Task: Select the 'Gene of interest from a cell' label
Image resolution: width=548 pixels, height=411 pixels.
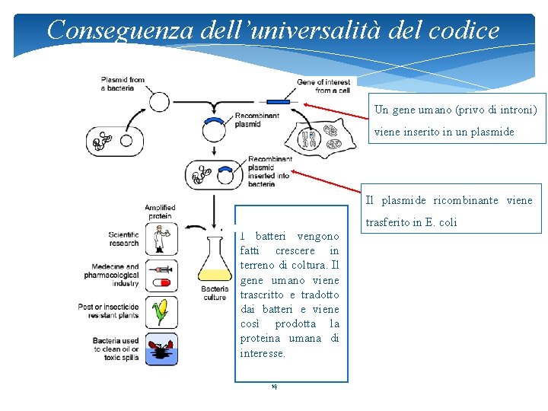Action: (x=323, y=86)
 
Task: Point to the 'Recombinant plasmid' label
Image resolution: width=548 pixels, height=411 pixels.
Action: (x=256, y=120)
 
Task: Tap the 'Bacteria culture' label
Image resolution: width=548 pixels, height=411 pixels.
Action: (x=215, y=293)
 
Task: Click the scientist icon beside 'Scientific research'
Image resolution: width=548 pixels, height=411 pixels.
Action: (x=161, y=239)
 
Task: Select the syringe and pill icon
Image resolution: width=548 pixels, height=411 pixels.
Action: (x=161, y=276)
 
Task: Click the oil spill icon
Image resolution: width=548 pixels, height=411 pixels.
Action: (x=161, y=349)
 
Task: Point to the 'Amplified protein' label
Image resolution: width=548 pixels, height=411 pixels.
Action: (x=160, y=212)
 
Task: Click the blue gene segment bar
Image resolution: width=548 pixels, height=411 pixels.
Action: (x=278, y=102)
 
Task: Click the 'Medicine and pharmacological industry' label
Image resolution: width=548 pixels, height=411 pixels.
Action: (x=115, y=276)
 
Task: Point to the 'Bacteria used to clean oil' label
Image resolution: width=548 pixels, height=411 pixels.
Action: (x=115, y=349)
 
